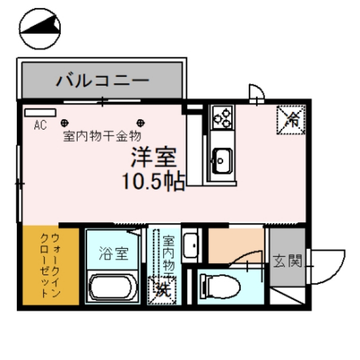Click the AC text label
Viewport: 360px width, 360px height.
point(40,124)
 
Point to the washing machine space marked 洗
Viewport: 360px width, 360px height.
point(162,290)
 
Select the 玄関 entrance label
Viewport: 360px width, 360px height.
point(286,261)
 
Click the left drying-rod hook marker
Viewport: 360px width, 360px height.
point(65,121)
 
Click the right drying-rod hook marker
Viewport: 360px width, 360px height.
point(140,121)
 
